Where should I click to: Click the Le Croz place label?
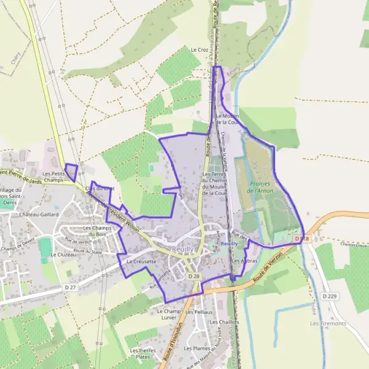pyautogui.click(x=200, y=50)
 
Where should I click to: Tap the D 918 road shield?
pyautogui.click(x=300, y=238)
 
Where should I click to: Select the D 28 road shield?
pyautogui.click(x=194, y=277)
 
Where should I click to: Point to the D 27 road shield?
pyautogui.click(x=69, y=287)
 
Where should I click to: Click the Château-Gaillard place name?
pyautogui.click(x=38, y=215)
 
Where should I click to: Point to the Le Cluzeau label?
pyautogui.click(x=62, y=254)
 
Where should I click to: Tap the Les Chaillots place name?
pyautogui.click(x=224, y=322)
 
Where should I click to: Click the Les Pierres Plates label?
pyautogui.click(x=142, y=353)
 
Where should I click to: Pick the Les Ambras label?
pyautogui.click(x=244, y=261)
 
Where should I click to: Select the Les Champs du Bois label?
pyautogui.click(x=96, y=231)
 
